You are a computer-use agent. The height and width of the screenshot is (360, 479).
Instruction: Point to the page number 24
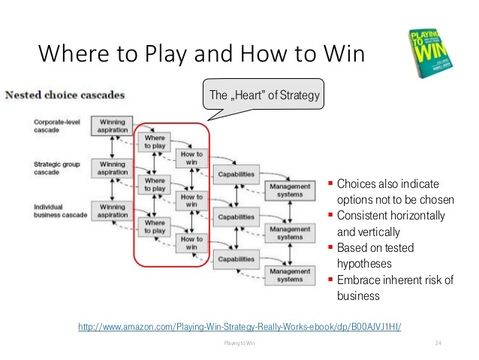pos(438,343)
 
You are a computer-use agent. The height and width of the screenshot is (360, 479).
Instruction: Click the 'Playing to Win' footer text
pos(239,343)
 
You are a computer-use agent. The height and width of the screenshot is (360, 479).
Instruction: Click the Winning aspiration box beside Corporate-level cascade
pos(113,126)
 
